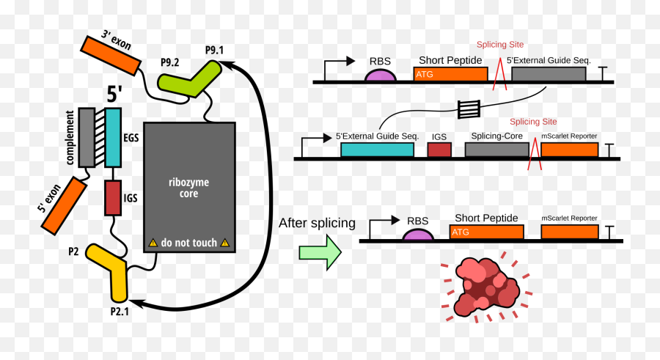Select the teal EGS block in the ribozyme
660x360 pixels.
pos(113,137)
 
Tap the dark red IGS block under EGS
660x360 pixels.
pos(112,197)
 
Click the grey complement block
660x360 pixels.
pos(87,137)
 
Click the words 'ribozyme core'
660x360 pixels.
pos(189,188)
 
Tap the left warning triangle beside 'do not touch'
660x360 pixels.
pos(153,242)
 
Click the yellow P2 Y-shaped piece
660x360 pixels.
pos(114,271)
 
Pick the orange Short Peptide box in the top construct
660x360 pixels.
pos(450,74)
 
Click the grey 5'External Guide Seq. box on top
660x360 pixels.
pos(548,74)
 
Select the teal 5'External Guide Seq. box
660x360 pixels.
pos(376,150)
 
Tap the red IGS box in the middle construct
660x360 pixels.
pos(439,150)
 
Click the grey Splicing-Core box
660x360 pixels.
pos(496,150)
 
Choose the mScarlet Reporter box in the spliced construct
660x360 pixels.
pos(569,232)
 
